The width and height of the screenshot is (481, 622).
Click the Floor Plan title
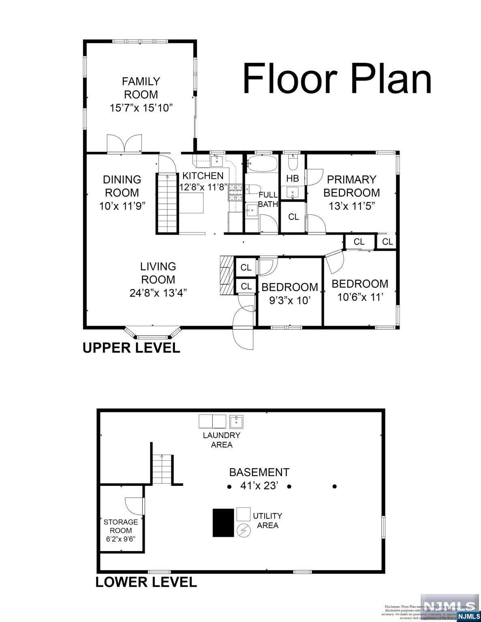(x=337, y=79)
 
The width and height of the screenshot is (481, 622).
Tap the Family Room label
(x=141, y=88)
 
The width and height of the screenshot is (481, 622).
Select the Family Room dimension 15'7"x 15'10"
(x=141, y=108)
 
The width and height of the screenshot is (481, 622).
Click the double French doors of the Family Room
(x=125, y=144)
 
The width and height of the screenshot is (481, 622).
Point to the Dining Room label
(x=122, y=186)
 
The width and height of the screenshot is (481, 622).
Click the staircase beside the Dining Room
(x=167, y=203)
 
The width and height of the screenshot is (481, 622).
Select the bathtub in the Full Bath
(x=262, y=164)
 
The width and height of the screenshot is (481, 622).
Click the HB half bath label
(x=292, y=179)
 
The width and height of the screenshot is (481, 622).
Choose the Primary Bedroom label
(x=351, y=185)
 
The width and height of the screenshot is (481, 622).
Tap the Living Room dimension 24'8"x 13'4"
(x=158, y=292)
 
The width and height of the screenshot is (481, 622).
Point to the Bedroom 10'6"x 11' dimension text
(x=360, y=297)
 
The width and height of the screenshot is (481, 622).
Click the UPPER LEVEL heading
(x=131, y=348)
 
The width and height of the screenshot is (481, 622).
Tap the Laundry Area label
(x=222, y=440)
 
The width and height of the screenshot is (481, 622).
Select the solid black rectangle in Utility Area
(x=223, y=523)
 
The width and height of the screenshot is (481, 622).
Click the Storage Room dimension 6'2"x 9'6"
(x=121, y=539)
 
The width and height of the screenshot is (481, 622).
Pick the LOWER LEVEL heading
(x=146, y=582)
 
